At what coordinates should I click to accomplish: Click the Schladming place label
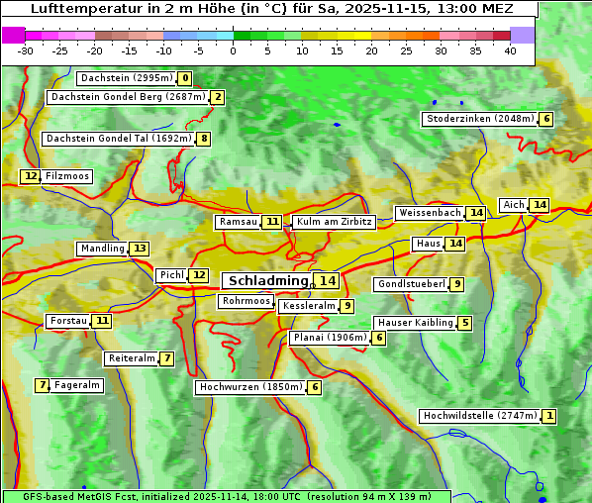click(267, 281)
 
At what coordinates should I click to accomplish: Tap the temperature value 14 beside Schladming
click(327, 281)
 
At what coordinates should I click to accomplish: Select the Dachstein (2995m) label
click(126, 78)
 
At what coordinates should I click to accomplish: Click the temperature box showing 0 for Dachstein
click(185, 78)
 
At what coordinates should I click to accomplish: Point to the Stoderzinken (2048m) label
click(479, 119)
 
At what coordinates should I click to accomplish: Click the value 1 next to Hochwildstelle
click(548, 416)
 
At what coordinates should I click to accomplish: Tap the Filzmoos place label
click(66, 176)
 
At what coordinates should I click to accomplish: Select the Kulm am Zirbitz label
click(334, 222)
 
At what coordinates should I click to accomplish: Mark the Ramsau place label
click(238, 222)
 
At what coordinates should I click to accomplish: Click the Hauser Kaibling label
click(415, 323)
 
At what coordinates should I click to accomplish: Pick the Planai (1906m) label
click(330, 338)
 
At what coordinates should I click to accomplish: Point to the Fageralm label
click(76, 385)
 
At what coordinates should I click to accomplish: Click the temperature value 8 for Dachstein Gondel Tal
click(204, 139)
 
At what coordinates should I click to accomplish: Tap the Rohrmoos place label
click(246, 301)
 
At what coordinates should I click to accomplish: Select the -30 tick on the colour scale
click(26, 50)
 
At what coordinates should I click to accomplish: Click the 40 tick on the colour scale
click(510, 50)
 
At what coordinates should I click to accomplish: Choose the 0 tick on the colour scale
click(234, 50)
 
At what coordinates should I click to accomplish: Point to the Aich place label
click(513, 205)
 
